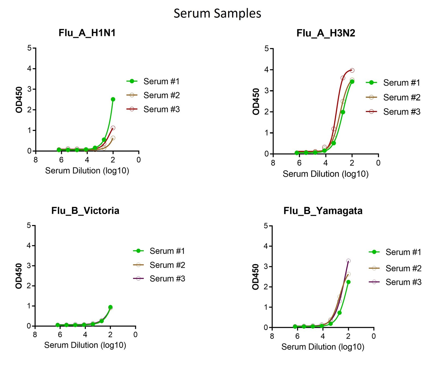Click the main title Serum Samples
[217, 13]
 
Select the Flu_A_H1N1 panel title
[87, 33]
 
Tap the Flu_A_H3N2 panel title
[326, 33]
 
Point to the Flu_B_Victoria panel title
[85, 211]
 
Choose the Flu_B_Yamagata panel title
[323, 211]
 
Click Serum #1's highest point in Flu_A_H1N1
[113, 99]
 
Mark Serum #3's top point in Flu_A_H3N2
[352, 70]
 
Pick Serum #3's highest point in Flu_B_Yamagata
[348, 261]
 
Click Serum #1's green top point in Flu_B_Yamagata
[348, 282]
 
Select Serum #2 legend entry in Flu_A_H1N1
[161, 95]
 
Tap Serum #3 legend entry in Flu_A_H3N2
[401, 112]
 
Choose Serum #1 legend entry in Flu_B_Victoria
[167, 251]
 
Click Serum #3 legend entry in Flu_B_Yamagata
[403, 282]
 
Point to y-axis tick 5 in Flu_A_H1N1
[29, 48]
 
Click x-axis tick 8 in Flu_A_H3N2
[273, 163]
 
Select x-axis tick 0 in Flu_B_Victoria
[135, 335]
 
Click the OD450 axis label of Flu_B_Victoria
[19, 276]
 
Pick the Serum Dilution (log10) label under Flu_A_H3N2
[325, 174]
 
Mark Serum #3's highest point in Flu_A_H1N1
[113, 128]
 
